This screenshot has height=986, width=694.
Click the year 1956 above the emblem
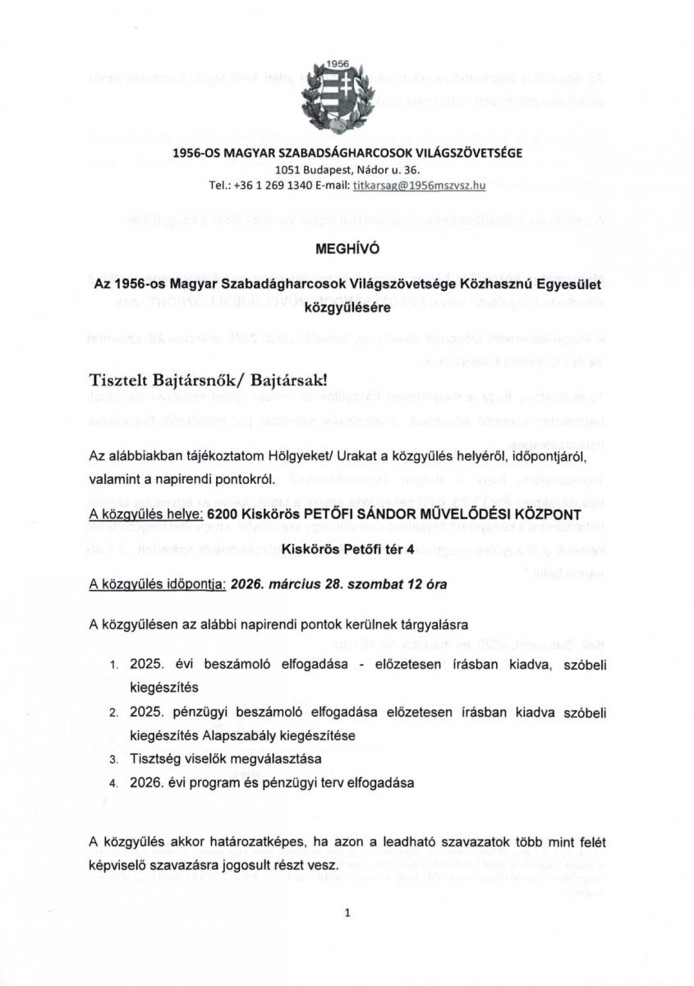click(x=338, y=63)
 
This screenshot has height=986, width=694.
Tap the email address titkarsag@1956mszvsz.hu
click(x=419, y=187)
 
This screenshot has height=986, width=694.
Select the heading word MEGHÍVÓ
click(x=347, y=247)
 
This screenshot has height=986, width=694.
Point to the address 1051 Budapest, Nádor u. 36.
click(x=347, y=170)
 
